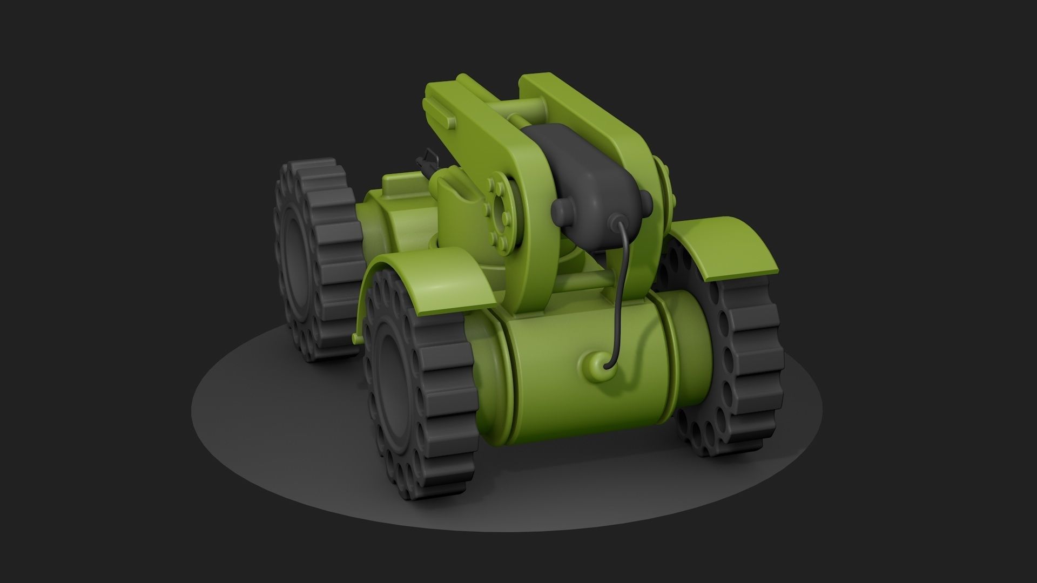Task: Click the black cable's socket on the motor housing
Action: (x=616, y=222)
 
